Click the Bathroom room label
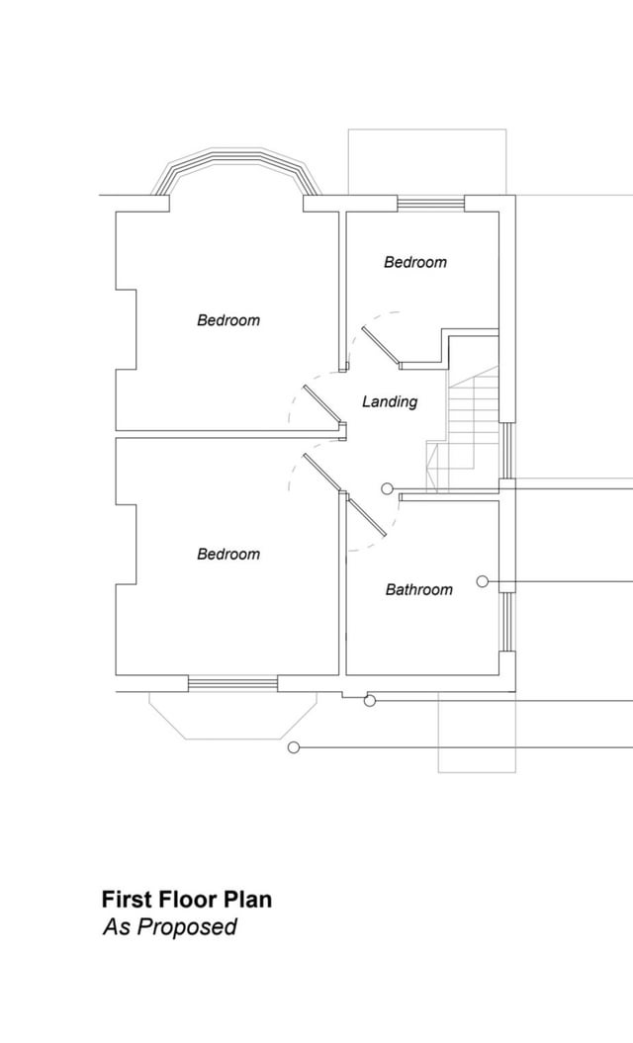418,589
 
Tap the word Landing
390,401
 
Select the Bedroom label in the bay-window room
228,320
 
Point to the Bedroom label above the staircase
415,262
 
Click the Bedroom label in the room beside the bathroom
228,554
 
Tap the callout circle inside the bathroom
483,581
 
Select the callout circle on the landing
387,489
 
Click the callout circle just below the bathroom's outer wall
370,700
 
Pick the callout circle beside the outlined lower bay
293,747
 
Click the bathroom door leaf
367,515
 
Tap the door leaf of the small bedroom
382,347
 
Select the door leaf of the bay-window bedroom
323,404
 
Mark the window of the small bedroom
430,203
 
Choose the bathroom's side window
507,622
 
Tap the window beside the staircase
507,451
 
